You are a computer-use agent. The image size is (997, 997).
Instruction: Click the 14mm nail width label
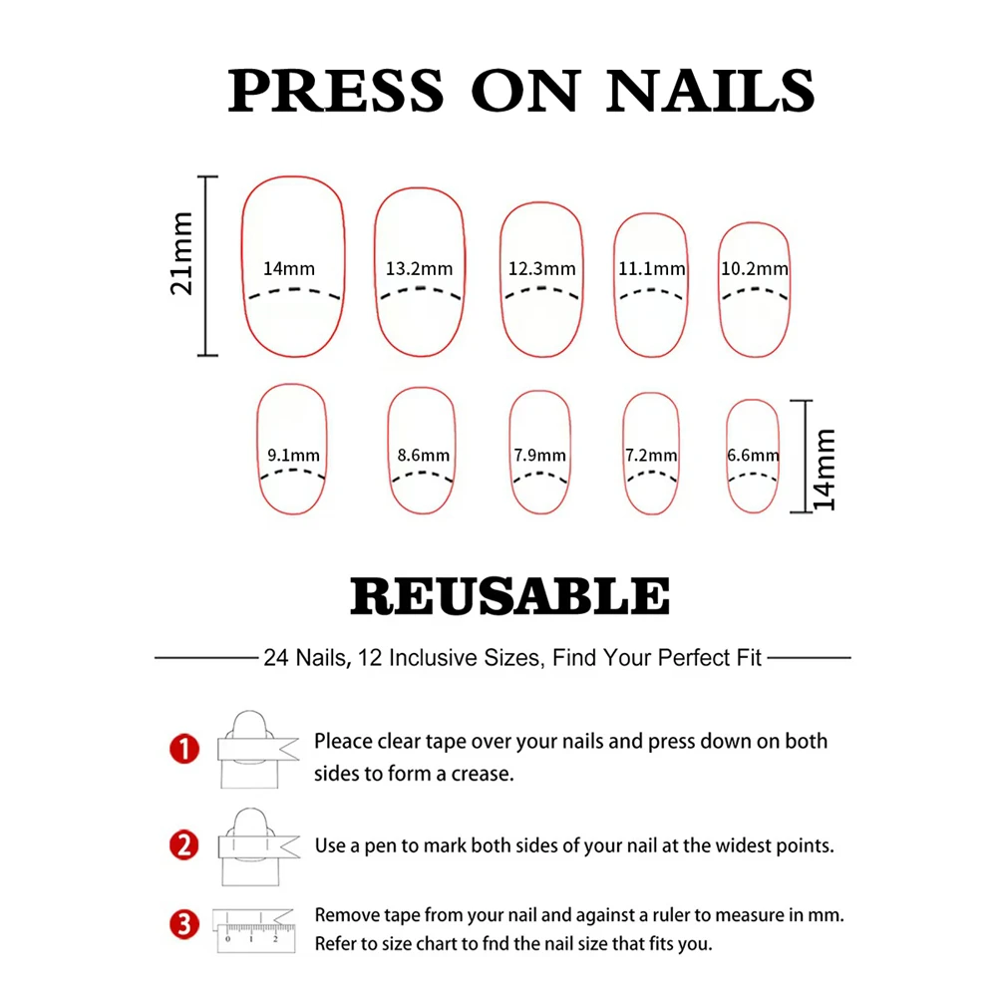click(x=289, y=268)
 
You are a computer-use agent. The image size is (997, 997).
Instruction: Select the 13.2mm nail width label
click(x=419, y=268)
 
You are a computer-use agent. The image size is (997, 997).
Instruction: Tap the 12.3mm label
click(x=541, y=268)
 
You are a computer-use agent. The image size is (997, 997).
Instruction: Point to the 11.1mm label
click(x=652, y=268)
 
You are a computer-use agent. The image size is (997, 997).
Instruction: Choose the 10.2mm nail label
click(x=755, y=268)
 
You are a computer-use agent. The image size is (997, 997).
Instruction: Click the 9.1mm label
click(x=293, y=456)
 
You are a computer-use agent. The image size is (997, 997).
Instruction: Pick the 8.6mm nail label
click(x=423, y=456)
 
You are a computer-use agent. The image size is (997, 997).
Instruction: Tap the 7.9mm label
click(x=540, y=456)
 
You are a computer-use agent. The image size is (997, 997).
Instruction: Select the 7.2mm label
click(x=651, y=456)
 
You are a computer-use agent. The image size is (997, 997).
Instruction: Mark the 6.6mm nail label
click(x=753, y=456)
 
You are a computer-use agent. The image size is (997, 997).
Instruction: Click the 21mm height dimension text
click(x=181, y=266)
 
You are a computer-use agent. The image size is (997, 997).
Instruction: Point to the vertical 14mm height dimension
click(x=825, y=470)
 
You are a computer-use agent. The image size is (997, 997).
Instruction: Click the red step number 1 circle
click(x=185, y=750)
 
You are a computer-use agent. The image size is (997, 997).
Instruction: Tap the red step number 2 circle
click(x=184, y=845)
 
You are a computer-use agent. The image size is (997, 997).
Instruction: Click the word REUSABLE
click(x=509, y=597)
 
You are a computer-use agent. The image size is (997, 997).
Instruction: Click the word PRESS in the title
click(x=335, y=92)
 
